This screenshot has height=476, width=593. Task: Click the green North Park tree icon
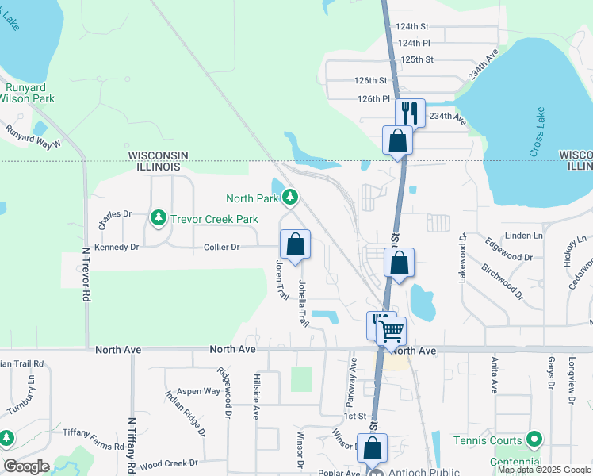tap(291, 197)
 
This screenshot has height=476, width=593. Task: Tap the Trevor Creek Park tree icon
tap(159, 217)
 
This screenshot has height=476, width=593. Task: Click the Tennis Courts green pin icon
tap(534, 440)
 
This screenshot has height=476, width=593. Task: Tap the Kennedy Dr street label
tap(117, 248)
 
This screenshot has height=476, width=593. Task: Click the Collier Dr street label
tap(221, 248)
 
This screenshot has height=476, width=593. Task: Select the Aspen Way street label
tap(198, 391)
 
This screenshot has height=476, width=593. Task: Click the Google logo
tap(27, 466)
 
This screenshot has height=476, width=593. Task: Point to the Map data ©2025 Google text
tap(543, 470)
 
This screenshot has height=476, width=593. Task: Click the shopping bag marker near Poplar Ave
tap(372, 448)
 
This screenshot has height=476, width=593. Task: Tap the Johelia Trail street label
tap(302, 303)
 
